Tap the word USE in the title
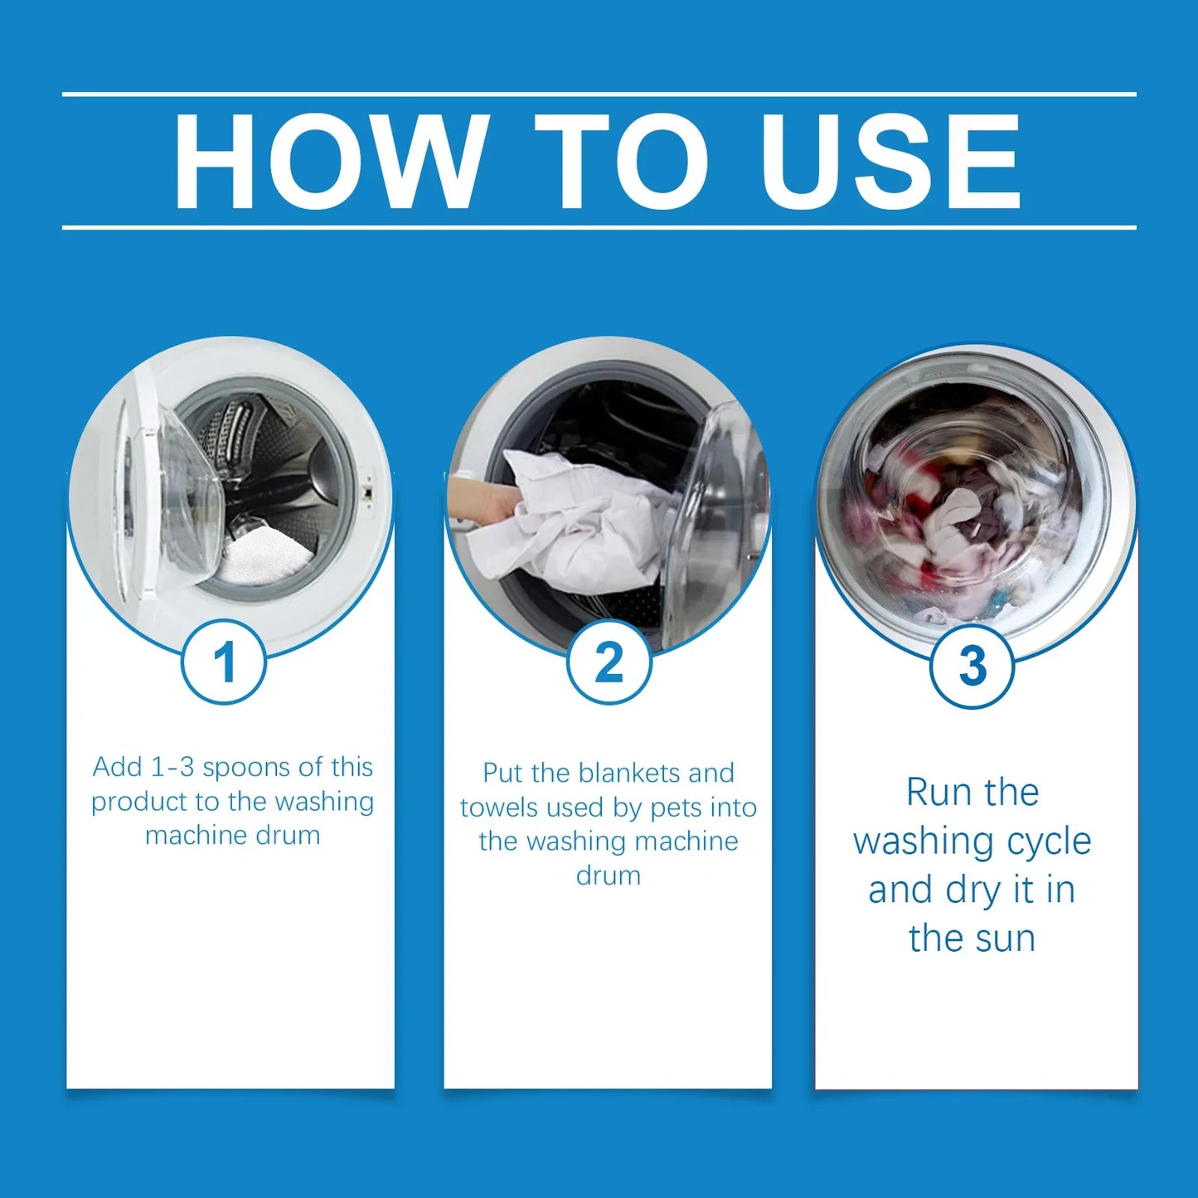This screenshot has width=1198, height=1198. tap(891, 161)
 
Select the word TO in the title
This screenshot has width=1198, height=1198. tap(622, 161)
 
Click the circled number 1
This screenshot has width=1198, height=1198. tap(224, 662)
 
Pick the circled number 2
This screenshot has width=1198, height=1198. tap(609, 662)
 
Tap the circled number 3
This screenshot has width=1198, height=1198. tap(972, 666)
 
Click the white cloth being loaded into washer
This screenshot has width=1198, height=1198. tap(572, 522)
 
